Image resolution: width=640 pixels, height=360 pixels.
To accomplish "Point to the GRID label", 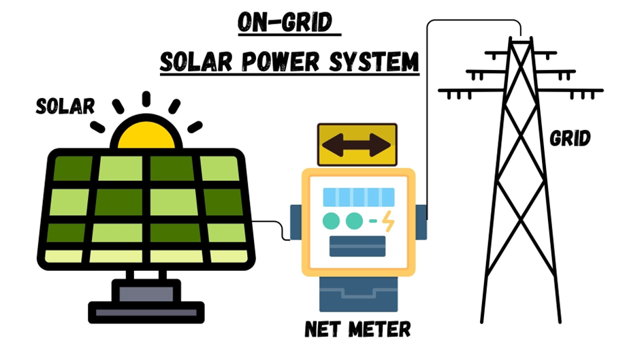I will tap(571, 139).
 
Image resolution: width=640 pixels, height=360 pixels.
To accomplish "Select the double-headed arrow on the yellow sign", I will tap(357, 145).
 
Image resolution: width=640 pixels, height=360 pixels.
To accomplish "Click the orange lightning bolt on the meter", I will tap(388, 221).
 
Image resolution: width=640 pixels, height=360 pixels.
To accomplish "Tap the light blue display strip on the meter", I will tap(358, 197).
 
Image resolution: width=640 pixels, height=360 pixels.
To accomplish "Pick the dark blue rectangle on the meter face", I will tap(357, 246).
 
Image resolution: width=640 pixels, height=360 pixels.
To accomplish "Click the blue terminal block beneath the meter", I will tap(357, 295).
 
